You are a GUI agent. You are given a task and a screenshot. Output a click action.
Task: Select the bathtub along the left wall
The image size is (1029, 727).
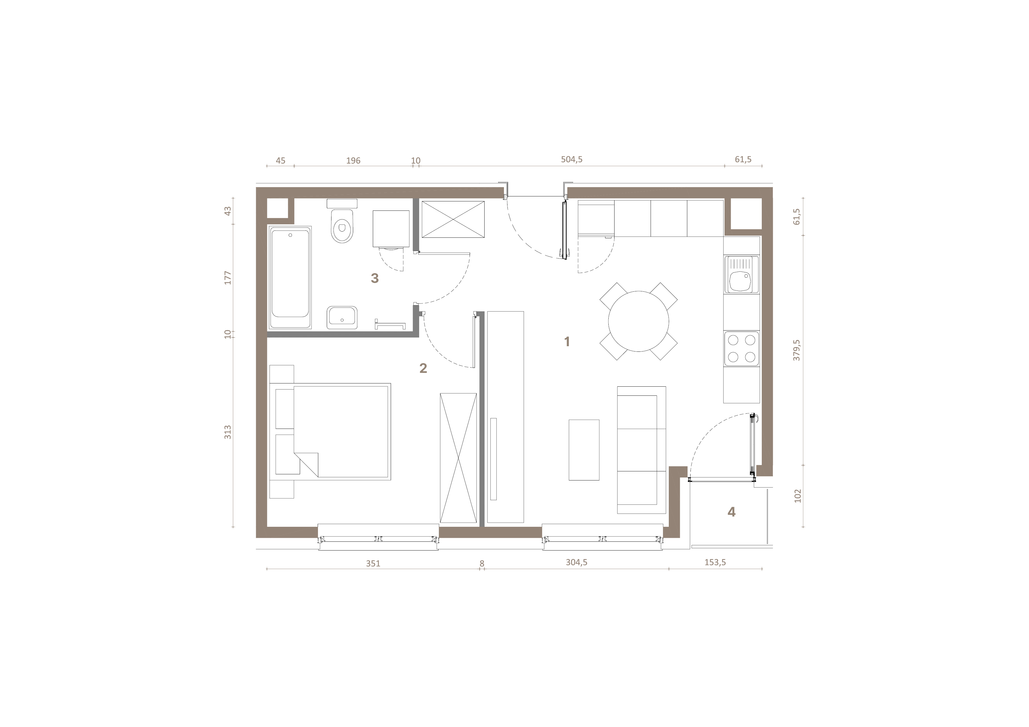pos(290,277)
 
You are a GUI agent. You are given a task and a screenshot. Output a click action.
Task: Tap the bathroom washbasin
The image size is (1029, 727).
pos(342,317)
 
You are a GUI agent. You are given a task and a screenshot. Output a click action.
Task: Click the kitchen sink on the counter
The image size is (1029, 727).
pos(741,275)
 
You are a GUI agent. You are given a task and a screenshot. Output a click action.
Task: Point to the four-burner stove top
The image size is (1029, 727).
pos(741,349)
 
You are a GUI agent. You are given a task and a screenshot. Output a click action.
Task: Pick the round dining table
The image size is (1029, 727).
pos(638,321)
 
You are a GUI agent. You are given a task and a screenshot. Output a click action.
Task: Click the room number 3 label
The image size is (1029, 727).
pos(375,278)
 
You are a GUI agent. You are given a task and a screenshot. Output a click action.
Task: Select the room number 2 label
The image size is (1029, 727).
pos(423,368)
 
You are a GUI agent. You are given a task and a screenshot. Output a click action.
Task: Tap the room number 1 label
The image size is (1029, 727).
pos(567,342)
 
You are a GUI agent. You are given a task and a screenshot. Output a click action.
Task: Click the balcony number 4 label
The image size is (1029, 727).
pos(731,512)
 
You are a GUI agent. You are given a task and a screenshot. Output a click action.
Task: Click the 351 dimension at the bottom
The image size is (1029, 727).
pos(373,563)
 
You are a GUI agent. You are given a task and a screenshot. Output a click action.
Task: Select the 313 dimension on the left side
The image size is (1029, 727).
pos(228,432)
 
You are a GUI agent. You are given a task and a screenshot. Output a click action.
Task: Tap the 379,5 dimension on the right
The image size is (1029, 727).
pos(796,350)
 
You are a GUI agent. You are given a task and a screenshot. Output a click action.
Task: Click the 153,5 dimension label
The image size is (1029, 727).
pos(715,562)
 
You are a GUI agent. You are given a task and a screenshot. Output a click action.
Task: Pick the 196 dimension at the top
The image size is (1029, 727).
pos(353,160)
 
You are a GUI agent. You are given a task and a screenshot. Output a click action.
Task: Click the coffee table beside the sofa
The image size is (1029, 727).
pos(584,450)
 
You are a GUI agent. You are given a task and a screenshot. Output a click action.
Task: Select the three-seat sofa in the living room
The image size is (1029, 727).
pos(641,450)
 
